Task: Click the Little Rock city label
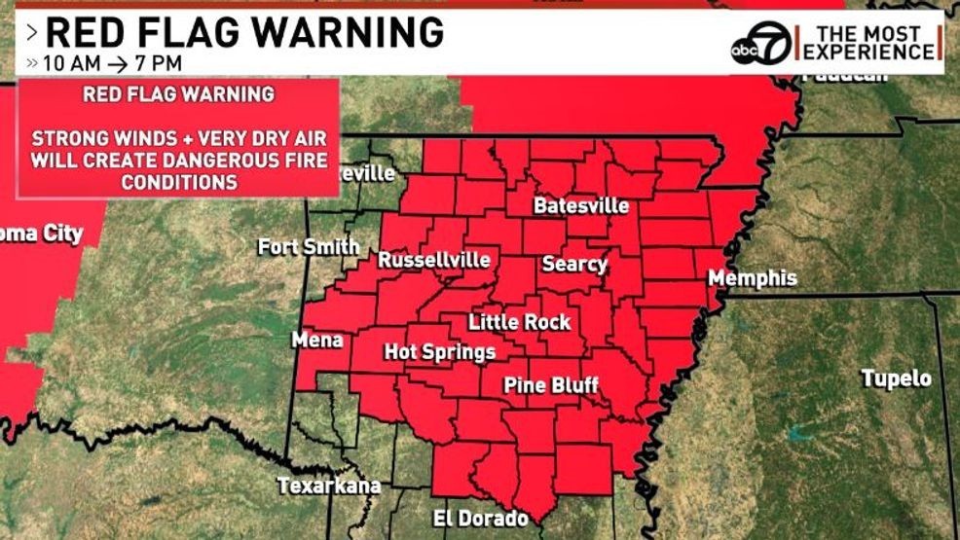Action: click(520, 322)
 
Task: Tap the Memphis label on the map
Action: click(752, 278)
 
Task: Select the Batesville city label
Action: click(581, 206)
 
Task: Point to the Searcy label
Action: click(574, 264)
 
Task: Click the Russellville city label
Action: click(433, 260)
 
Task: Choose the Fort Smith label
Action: click(309, 247)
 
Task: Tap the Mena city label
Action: click(317, 340)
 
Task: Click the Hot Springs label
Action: click(439, 352)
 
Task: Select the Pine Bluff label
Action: click(550, 386)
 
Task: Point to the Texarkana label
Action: click(328, 486)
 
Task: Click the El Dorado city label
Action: click(480, 519)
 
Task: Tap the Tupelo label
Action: click(896, 378)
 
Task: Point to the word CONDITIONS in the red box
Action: click(178, 181)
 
